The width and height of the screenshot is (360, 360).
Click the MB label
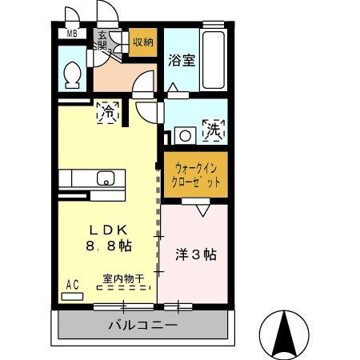[72, 34]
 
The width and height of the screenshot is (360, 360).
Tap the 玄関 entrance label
[103, 39]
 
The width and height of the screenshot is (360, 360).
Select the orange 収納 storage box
[143, 42]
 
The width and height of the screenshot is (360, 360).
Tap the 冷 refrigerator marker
[107, 114]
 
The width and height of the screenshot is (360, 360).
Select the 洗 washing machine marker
[214, 130]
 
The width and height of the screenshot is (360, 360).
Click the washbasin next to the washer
[185, 135]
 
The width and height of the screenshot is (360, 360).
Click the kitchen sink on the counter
[106, 178]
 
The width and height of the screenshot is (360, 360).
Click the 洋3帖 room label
[196, 256]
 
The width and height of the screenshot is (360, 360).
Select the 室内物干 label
[122, 279]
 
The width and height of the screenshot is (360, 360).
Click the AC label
[72, 284]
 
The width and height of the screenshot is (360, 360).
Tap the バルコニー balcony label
[143, 326]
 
